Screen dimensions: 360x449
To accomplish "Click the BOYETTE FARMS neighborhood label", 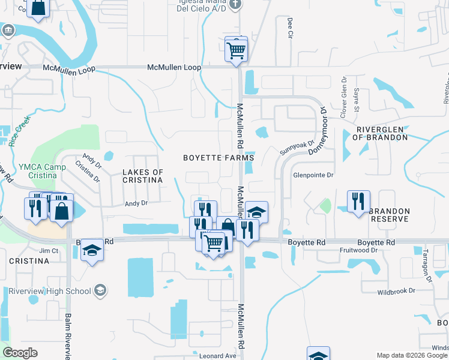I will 218,158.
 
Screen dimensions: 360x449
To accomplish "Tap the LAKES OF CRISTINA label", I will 143,176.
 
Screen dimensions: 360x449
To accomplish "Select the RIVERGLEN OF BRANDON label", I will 382,133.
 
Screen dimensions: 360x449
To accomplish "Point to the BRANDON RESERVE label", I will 390,216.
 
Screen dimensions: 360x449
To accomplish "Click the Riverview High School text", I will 50,292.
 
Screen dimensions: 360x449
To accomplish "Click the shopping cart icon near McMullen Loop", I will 237,49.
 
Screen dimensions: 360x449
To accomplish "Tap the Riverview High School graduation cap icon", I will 101,291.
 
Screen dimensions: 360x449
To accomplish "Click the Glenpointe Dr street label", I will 313,175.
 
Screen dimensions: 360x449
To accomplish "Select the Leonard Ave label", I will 218,356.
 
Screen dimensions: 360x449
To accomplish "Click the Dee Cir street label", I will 290,27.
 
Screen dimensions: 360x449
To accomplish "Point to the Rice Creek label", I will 20,132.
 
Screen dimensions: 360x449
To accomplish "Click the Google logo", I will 20,353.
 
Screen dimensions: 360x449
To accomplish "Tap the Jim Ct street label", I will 48,250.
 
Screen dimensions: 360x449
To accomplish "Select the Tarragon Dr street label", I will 427,265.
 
